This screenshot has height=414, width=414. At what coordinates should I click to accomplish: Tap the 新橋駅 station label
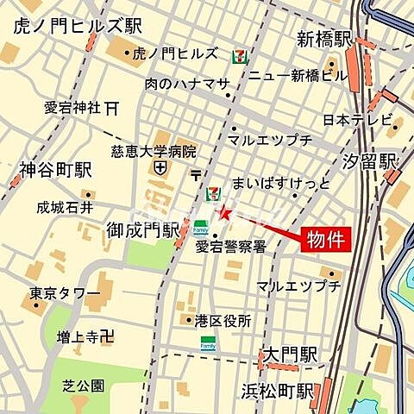point(325,39)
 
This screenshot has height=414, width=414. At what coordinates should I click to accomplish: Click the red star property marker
point(224,213)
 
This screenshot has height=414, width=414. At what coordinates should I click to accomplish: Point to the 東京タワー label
point(65,293)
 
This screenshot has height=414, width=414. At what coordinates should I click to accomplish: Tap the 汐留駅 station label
point(369,160)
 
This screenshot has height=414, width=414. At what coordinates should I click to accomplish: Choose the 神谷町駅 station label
point(53,171)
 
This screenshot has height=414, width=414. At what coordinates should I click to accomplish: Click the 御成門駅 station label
point(142,230)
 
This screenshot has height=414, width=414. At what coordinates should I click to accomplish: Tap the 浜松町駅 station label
point(278,390)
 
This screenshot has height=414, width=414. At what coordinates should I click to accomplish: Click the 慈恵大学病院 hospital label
point(154,150)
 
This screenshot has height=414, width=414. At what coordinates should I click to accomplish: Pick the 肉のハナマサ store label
point(186,84)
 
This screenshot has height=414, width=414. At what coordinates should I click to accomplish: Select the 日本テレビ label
point(357,119)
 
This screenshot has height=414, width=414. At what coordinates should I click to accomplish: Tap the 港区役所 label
point(223,320)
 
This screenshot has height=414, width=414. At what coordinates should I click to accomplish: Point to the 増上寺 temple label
point(78,336)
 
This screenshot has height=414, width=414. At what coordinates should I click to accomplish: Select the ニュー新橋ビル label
point(298,75)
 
